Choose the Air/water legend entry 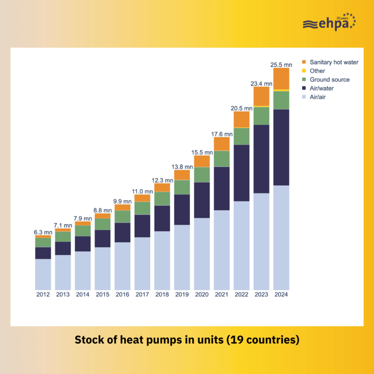(325, 88)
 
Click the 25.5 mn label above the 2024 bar (281, 64)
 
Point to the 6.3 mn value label (43, 232)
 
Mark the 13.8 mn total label (182, 166)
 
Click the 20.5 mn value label (241, 108)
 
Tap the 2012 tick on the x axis (43, 295)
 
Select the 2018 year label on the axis (162, 295)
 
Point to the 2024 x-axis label (281, 295)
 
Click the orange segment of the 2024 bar (281, 78)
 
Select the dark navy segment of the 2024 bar (281, 147)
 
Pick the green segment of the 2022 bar (241, 136)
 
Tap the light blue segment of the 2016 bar (122, 266)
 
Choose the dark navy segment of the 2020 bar (202, 200)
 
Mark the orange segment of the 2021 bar (221, 144)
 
